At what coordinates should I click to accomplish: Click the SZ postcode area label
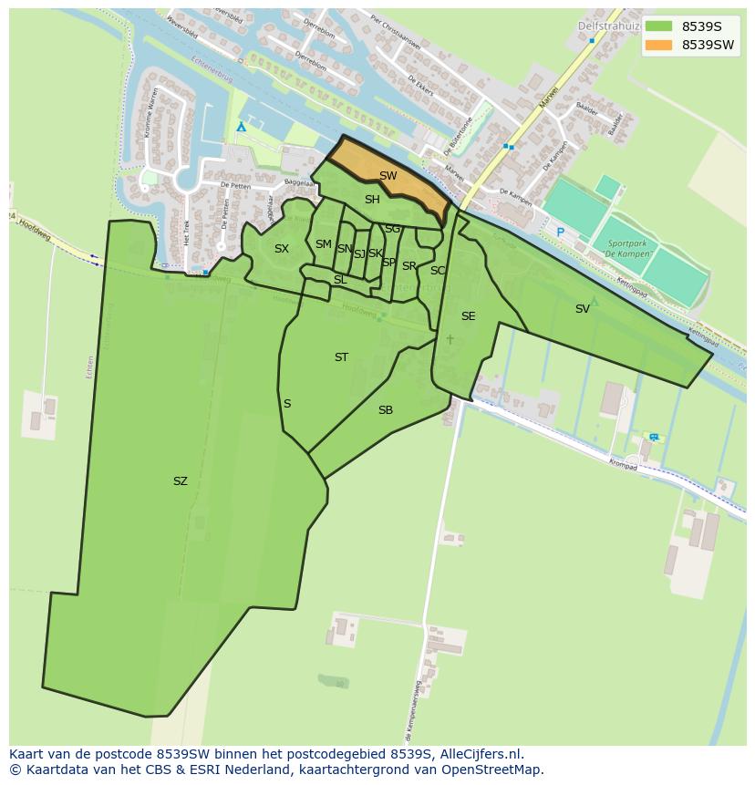click(180, 481)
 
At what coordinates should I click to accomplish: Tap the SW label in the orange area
click(388, 176)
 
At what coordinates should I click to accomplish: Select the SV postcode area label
click(582, 309)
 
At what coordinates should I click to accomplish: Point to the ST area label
click(341, 357)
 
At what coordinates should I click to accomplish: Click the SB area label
click(386, 410)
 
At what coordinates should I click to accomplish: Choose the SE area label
click(468, 316)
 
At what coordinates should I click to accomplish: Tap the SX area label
click(282, 249)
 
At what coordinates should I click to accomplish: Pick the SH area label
click(372, 200)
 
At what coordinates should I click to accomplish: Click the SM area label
click(323, 244)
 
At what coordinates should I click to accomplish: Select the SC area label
click(438, 271)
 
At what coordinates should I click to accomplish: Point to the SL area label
click(340, 280)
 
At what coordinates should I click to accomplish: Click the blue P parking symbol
click(561, 233)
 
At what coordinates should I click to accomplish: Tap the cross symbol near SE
click(450, 340)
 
